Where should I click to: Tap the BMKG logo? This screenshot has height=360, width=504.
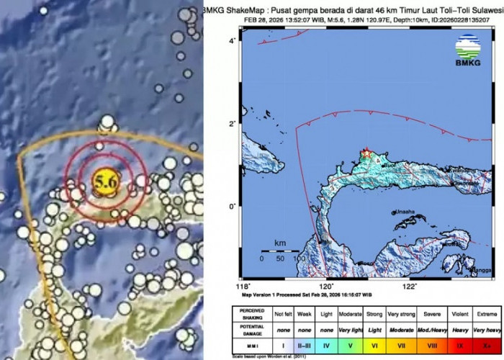point(469,53)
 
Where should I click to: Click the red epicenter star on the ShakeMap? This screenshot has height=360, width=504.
point(366,153)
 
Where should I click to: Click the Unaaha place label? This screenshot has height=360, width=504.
point(405,212)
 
